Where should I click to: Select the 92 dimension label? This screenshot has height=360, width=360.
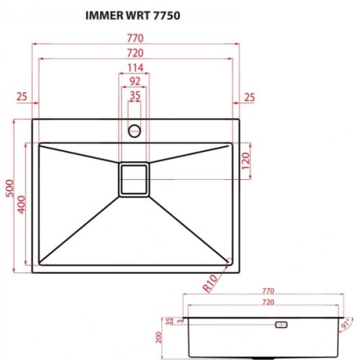click(x=134, y=81)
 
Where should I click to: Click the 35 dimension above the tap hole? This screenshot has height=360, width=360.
click(x=134, y=94)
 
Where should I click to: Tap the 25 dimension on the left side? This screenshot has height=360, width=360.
click(x=21, y=96)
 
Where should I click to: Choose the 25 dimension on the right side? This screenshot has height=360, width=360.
click(x=249, y=96)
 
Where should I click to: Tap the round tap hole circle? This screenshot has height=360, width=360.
click(x=134, y=131)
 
